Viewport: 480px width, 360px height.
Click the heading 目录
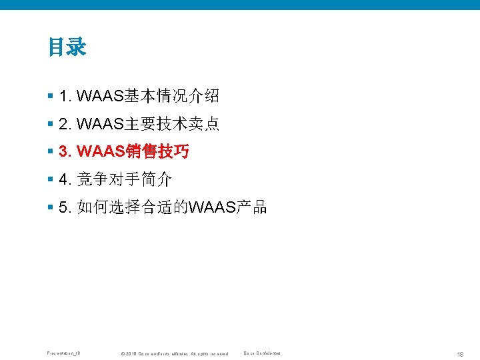67,47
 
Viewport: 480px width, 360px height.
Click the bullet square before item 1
51,96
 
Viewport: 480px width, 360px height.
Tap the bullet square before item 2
51,124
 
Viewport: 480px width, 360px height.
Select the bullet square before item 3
51,152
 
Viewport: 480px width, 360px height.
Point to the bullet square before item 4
51,179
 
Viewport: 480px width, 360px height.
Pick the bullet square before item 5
51,207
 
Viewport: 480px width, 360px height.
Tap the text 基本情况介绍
170,97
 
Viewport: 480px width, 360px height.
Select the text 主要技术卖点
170,125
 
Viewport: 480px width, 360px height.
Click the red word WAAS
100,152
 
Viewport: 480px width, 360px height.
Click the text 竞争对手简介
125,180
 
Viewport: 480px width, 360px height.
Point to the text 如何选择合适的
133,208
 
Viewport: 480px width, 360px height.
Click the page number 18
461,353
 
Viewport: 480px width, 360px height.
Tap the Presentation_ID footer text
63,353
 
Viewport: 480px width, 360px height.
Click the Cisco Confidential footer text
262,353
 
